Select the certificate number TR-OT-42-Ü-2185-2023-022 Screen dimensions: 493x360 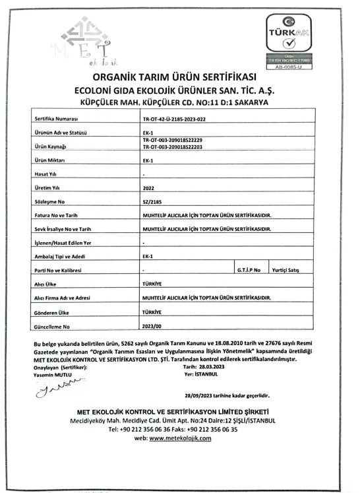pos(179,119)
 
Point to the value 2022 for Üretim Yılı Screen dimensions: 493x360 pos(148,187)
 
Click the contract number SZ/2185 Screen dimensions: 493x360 pos(151,201)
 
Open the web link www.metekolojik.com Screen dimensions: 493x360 pos(180,439)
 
